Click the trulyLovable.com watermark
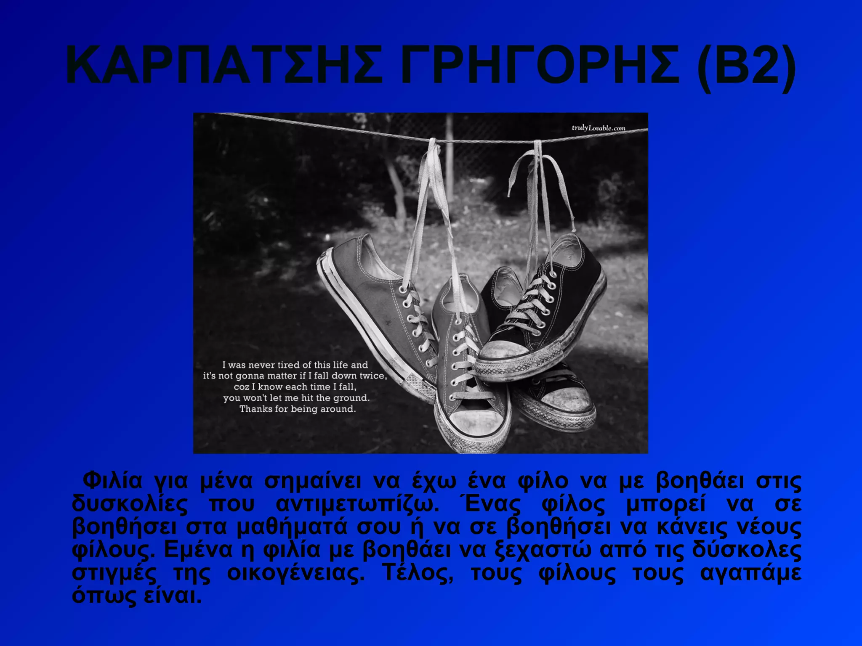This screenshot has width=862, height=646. tap(599, 128)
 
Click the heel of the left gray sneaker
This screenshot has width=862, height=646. tap(333, 269)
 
